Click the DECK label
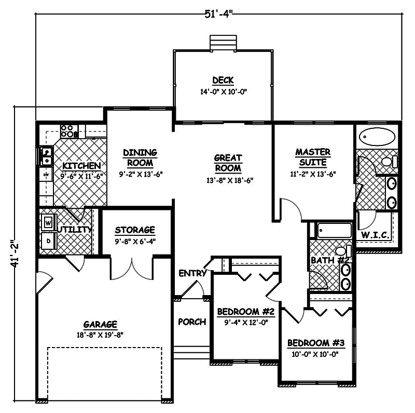click(x=223, y=81)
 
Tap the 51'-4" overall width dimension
click(x=219, y=14)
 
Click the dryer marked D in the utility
click(x=48, y=241)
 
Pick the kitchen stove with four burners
click(x=67, y=131)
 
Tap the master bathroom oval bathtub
click(x=377, y=137)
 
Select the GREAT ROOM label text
click(x=228, y=163)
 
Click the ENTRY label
click(x=192, y=273)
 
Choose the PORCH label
click(x=192, y=322)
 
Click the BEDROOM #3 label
click(x=315, y=343)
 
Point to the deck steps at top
click(x=223, y=43)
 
